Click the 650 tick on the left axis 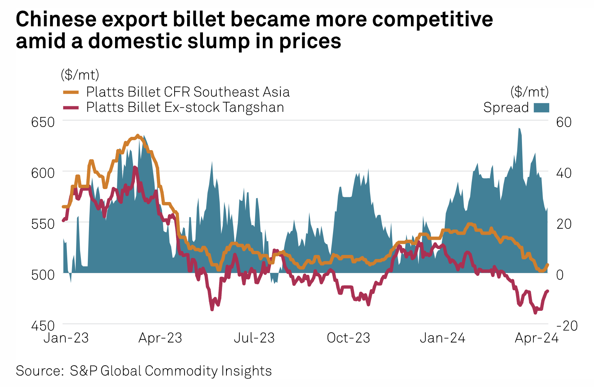point(43,122)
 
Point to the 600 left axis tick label point(43,173)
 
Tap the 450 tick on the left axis point(43,326)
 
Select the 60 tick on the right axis point(564,122)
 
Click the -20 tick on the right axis point(567,326)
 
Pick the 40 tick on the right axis point(564,173)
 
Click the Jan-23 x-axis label point(66,338)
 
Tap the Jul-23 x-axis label point(254,338)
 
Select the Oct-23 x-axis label point(348,338)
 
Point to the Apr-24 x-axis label point(537,338)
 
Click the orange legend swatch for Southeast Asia point(71,92)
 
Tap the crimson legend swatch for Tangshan point(71,107)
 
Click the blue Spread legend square point(541,107)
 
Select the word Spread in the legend point(506,107)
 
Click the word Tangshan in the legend point(253,107)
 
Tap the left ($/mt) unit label point(80,75)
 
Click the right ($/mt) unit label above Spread point(529,91)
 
